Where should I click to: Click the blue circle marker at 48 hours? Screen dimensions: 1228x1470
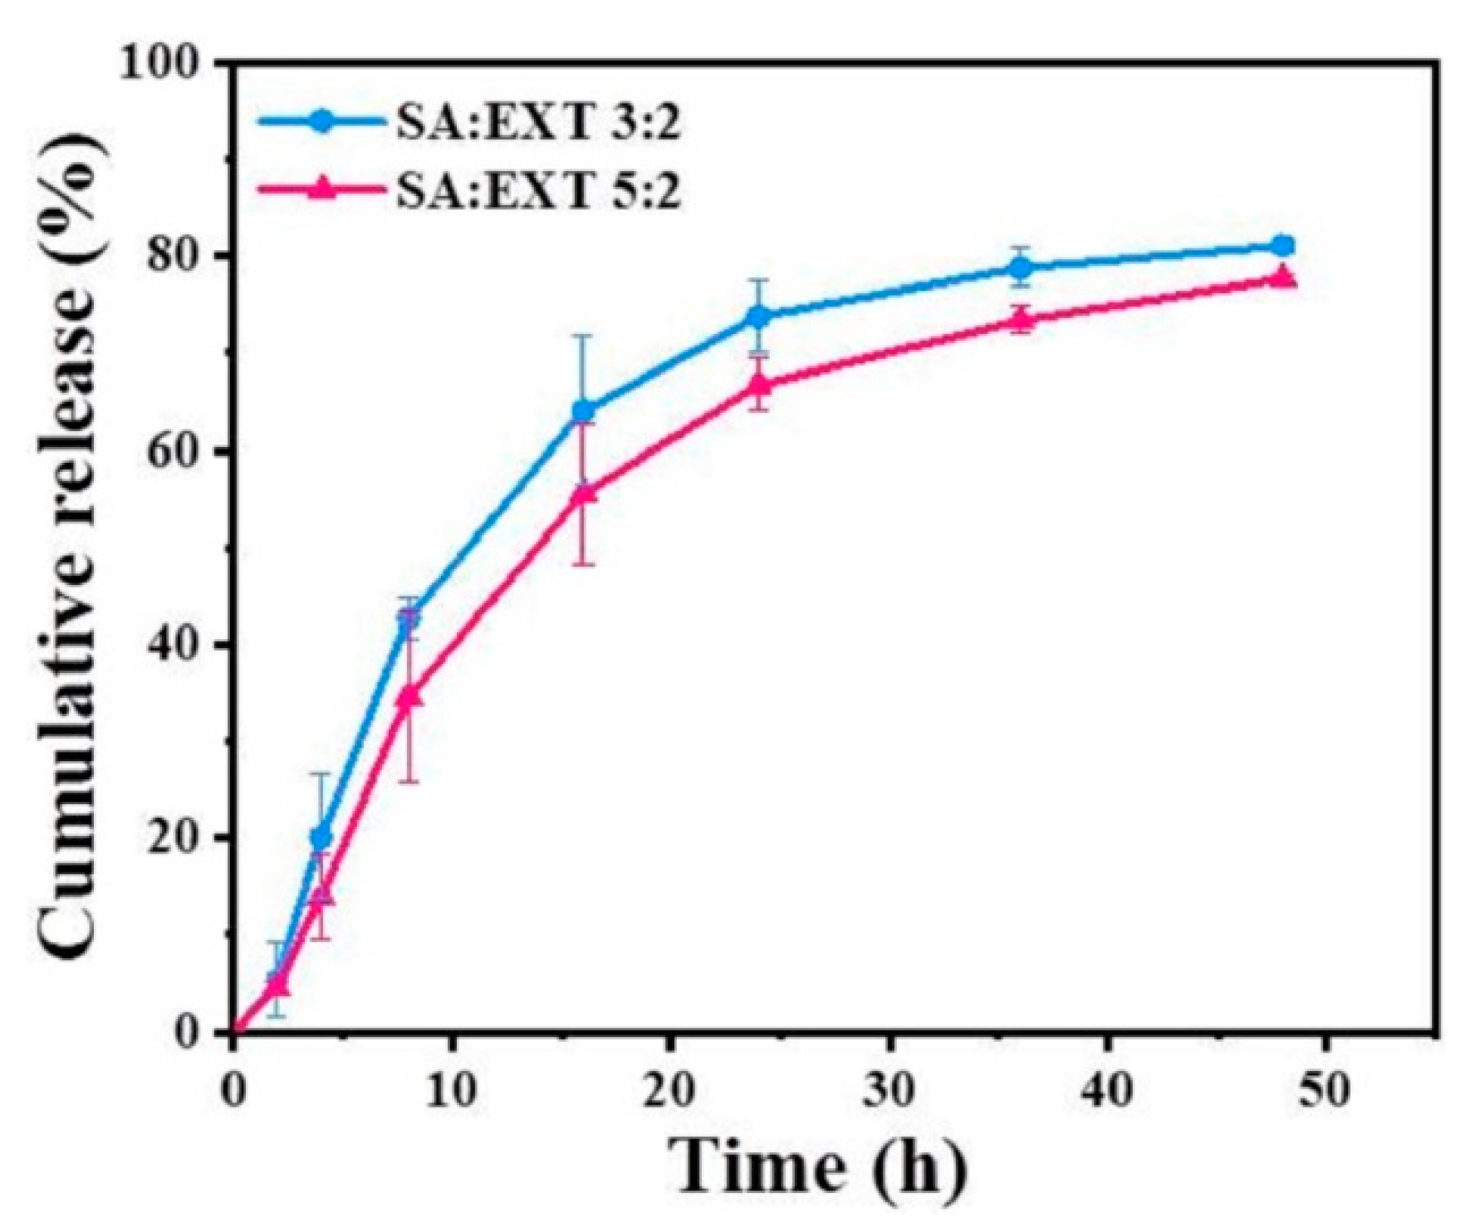coord(1283,246)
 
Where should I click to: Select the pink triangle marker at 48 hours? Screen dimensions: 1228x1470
coord(1283,278)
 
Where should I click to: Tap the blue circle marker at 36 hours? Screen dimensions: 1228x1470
coord(1021,268)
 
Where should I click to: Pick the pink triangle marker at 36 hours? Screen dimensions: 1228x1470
coord(1021,319)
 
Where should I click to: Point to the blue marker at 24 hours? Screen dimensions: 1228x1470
coord(758,317)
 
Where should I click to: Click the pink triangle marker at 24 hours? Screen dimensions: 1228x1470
coord(758,384)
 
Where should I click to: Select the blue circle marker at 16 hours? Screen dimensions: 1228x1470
coord(584,410)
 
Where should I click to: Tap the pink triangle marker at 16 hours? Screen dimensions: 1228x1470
coord(584,493)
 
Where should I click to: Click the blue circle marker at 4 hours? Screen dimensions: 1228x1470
coord(321,837)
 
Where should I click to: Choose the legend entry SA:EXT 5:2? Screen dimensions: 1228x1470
coord(536,193)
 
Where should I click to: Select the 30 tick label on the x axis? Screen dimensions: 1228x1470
coord(889,1091)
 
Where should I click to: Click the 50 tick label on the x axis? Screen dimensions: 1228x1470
coord(1326,1091)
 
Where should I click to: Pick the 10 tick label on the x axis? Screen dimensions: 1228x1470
coord(453,1091)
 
